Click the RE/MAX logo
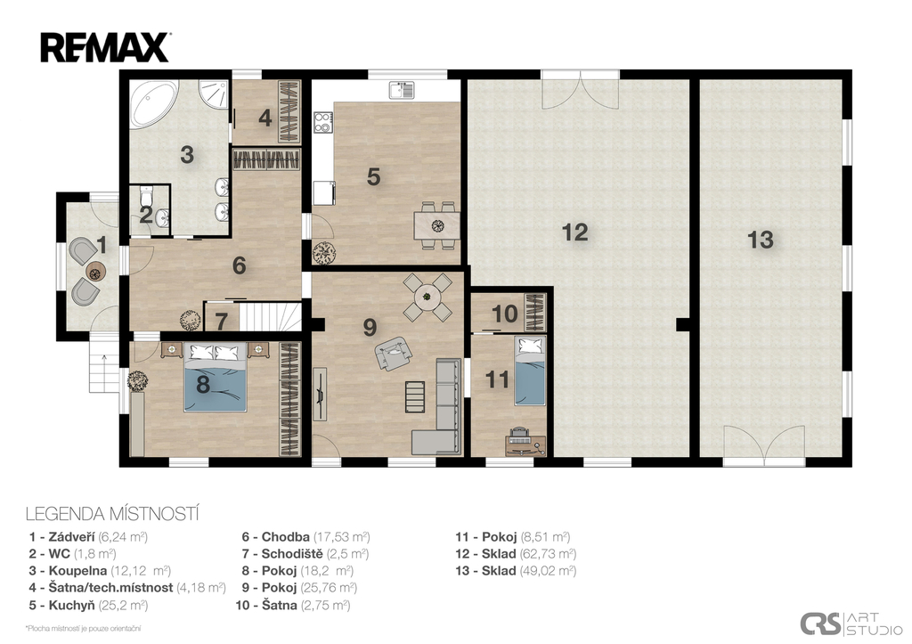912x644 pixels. tap(105, 48)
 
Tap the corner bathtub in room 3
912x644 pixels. tap(152, 103)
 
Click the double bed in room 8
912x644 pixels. tap(216, 377)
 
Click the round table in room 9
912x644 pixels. tap(427, 297)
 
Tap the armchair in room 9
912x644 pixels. tap(394, 353)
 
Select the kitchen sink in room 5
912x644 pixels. tap(401, 90)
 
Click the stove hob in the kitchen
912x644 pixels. tap(322, 123)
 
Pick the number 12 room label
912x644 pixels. tap(574, 232)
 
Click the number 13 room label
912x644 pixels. tap(761, 240)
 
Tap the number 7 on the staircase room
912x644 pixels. tap(221, 322)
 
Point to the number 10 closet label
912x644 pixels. tap(504, 314)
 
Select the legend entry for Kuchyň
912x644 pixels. tap(88, 605)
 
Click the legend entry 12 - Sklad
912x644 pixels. tap(516, 554)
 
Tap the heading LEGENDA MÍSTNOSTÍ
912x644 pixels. tap(113, 514)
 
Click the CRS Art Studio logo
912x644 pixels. tap(850, 623)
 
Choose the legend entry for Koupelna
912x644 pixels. tap(100, 571)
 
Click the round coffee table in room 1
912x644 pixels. tap(95, 271)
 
